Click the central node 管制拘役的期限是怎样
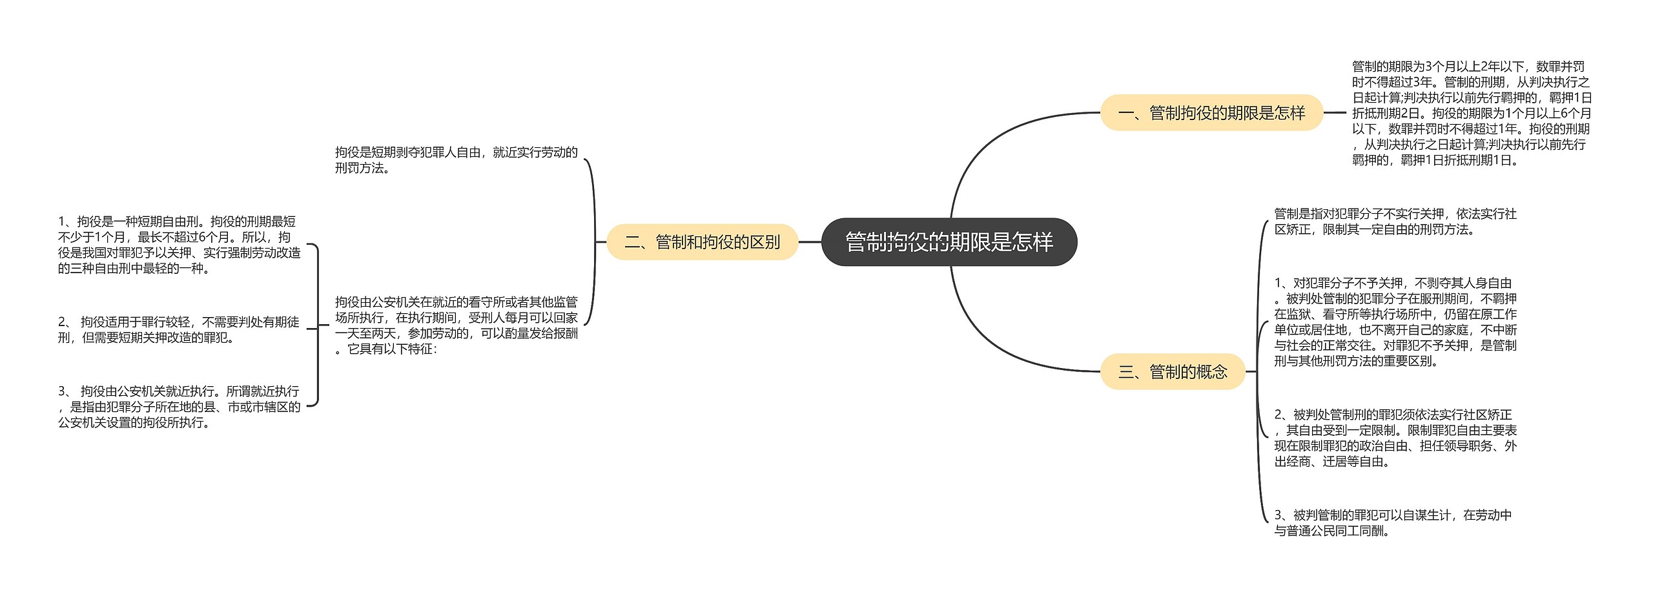point(949,242)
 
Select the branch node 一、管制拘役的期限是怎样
point(1211,113)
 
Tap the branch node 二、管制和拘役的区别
point(702,242)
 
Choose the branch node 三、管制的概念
point(1172,372)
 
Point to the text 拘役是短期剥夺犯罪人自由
point(456,160)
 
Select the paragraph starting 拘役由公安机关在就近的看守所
point(456,325)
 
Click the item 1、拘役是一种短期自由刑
point(179,245)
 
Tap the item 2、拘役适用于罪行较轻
point(179,329)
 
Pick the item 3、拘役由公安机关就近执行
point(179,407)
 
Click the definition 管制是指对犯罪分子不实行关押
point(1395,221)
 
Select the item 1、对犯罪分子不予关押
point(1395,322)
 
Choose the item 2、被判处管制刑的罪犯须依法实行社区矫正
point(1395,438)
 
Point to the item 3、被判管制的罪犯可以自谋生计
point(1393,523)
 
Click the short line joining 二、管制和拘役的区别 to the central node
point(810,242)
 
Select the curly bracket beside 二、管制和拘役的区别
point(593,242)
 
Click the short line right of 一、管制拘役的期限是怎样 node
point(1335,113)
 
